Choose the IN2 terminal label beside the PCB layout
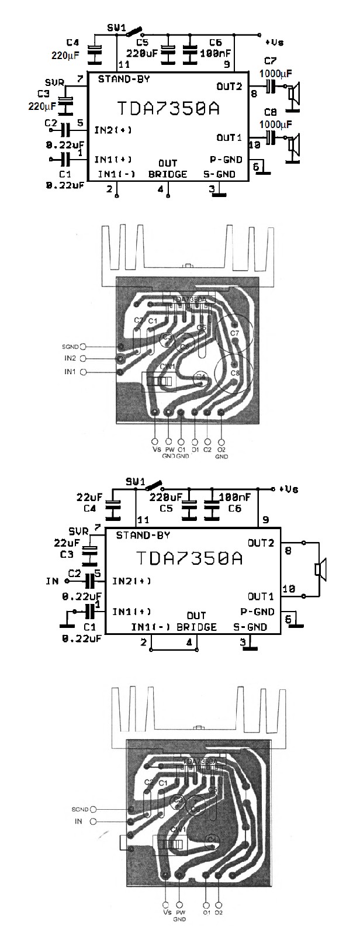tap(70, 358)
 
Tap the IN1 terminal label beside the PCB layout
tap(70, 372)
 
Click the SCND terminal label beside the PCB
tap(79, 810)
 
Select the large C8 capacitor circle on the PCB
tap(234, 375)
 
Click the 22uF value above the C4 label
tap(89, 497)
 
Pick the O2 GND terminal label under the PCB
tap(221, 453)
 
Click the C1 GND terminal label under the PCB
tap(181, 453)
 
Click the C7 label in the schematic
tap(271, 61)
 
